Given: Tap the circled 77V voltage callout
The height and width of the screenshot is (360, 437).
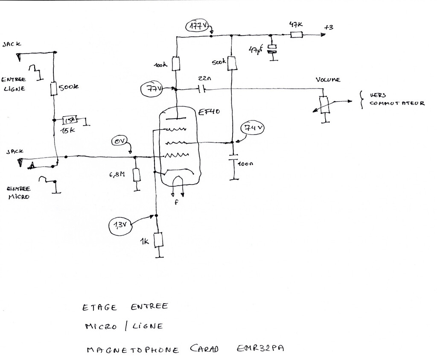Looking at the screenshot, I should point(152,90).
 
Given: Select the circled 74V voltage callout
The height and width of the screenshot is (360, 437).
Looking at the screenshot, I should point(253,128).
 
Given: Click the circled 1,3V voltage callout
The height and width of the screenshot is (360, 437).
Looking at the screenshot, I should point(121,225).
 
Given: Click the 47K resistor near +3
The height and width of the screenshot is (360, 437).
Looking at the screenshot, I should point(297,35).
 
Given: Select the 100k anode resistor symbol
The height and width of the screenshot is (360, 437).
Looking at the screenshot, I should point(176,64).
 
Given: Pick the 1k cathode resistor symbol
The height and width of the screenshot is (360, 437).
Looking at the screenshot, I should point(158,240).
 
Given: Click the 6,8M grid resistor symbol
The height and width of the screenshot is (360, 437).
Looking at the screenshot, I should point(136,175).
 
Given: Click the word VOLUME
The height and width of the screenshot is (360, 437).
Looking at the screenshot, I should point(328,80).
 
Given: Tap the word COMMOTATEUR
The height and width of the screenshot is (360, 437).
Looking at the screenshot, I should point(397,103).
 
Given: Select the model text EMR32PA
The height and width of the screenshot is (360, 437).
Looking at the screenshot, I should point(259,349).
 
